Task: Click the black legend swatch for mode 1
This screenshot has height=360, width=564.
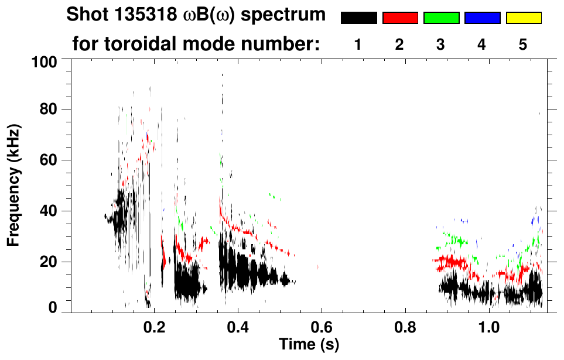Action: [x=358, y=18]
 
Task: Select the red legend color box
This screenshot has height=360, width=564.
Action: [x=400, y=18]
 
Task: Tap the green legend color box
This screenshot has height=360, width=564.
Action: [x=441, y=18]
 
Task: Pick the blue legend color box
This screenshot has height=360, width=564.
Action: [x=482, y=18]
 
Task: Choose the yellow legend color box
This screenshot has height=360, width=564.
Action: [x=523, y=18]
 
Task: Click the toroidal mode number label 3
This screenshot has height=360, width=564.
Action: [x=441, y=45]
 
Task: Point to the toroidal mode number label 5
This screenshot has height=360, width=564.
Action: [x=523, y=45]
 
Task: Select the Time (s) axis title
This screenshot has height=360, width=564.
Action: [x=309, y=344]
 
